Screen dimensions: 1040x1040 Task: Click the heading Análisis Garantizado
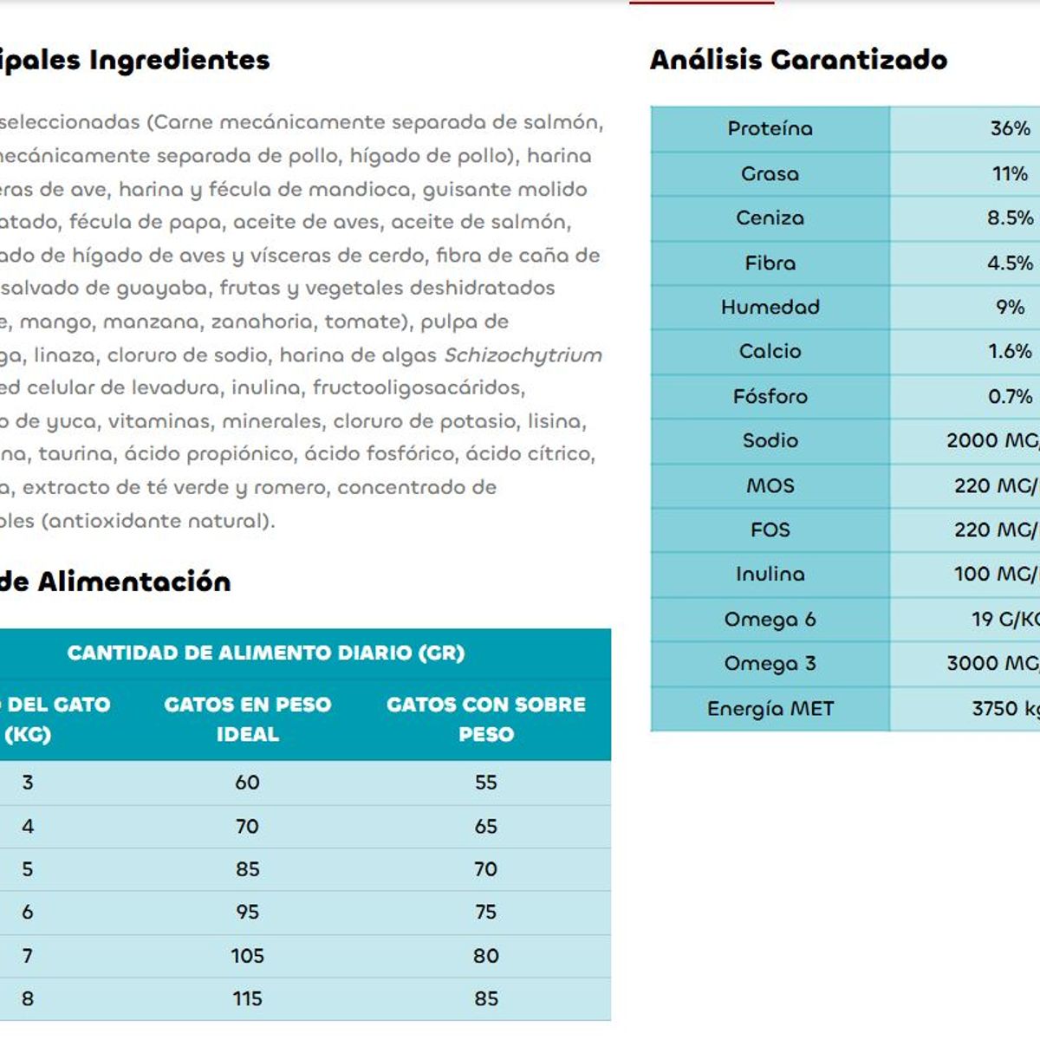pos(798,60)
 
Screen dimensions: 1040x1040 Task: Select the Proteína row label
pos(770,129)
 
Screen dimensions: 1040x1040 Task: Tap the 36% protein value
pos(1010,129)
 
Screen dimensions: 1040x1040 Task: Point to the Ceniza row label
pos(770,218)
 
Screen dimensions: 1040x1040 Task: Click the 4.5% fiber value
pos(1010,263)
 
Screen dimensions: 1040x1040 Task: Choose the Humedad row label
pos(770,308)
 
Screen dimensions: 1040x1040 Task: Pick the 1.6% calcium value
pos(1010,352)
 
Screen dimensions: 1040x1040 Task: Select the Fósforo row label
pos(770,397)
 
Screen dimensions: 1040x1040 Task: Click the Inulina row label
pos(770,575)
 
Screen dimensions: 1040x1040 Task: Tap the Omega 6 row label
pos(770,620)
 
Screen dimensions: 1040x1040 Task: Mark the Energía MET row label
pos(770,709)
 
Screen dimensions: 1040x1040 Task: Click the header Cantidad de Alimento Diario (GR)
pos(266,653)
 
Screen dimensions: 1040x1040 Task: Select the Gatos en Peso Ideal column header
pos(248,718)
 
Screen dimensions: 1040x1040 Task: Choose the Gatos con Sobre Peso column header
pos(486,718)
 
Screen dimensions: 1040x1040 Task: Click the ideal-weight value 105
pos(248,956)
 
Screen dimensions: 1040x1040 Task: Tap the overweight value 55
pos(486,783)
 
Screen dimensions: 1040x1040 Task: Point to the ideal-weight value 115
pos(248,999)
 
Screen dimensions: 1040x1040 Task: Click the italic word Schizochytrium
pos(523,355)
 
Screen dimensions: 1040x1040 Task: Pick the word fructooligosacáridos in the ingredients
pos(419,387)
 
